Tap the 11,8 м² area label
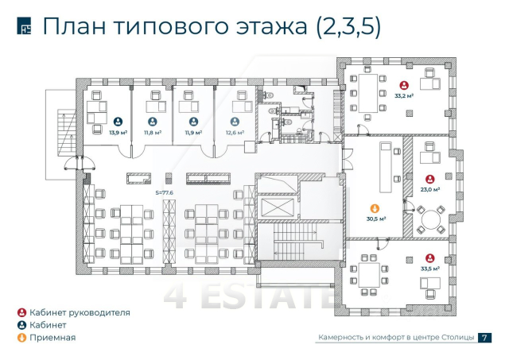[152, 133]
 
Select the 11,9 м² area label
[193, 133]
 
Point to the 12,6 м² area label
[235, 133]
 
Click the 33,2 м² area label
[404, 96]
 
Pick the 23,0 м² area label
[430, 190]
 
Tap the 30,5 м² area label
[376, 218]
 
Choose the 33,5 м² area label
[430, 269]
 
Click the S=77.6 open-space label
[165, 192]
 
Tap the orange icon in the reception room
[376, 207]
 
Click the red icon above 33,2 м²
[404, 85]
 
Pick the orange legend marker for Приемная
[21, 338]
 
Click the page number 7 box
[484, 338]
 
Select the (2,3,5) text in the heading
[348, 27]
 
